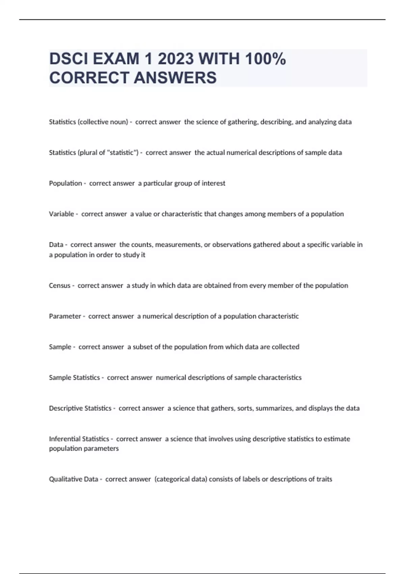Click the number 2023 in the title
175,59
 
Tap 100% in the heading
265,59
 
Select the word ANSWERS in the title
175,78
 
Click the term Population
65,183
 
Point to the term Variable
61,214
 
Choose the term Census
60,286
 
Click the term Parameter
65,316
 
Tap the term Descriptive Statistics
80,408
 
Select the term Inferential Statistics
79,439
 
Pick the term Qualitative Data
74,479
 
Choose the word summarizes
274,408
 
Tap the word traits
324,479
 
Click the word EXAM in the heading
116,59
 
